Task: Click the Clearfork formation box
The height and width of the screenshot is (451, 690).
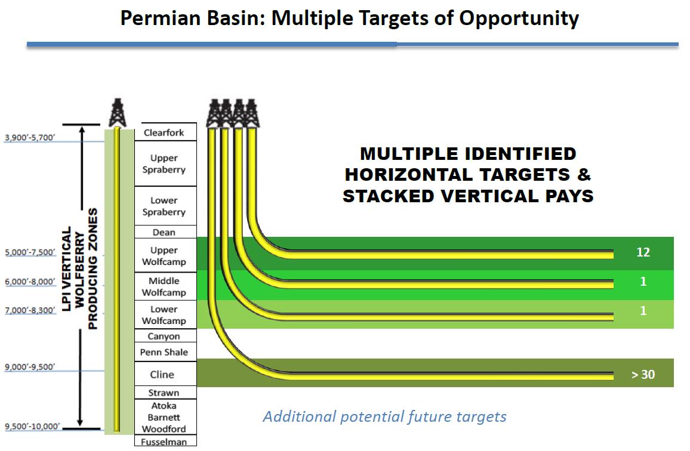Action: coord(165,132)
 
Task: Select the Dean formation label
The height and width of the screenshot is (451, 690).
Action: coord(164,232)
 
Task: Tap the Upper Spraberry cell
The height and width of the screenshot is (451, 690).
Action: coord(165,163)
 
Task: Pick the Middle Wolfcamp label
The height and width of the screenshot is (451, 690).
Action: coord(164,286)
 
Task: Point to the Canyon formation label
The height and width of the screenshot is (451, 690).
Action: coord(164,336)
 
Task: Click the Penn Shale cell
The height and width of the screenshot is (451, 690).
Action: coord(165,352)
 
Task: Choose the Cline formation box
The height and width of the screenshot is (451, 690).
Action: coord(165,374)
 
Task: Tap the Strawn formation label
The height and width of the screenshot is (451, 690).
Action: coord(164,393)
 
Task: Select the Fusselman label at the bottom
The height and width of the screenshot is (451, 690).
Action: coord(164,441)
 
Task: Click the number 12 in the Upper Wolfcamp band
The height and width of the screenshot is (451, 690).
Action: coord(643,252)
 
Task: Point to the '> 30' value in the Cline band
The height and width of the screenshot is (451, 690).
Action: coord(643,375)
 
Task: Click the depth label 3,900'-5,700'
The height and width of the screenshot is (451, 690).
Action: coord(30,138)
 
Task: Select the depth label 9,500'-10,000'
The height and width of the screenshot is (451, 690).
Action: coord(32,427)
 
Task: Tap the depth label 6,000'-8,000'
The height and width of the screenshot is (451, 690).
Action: coord(30,282)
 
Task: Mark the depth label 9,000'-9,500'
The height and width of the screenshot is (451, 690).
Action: coord(30,367)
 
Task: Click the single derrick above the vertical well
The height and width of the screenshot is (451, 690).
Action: coord(117,113)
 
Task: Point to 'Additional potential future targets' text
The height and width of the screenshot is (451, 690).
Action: coord(384,416)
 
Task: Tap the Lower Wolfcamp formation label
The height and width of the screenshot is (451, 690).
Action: coord(164,315)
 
